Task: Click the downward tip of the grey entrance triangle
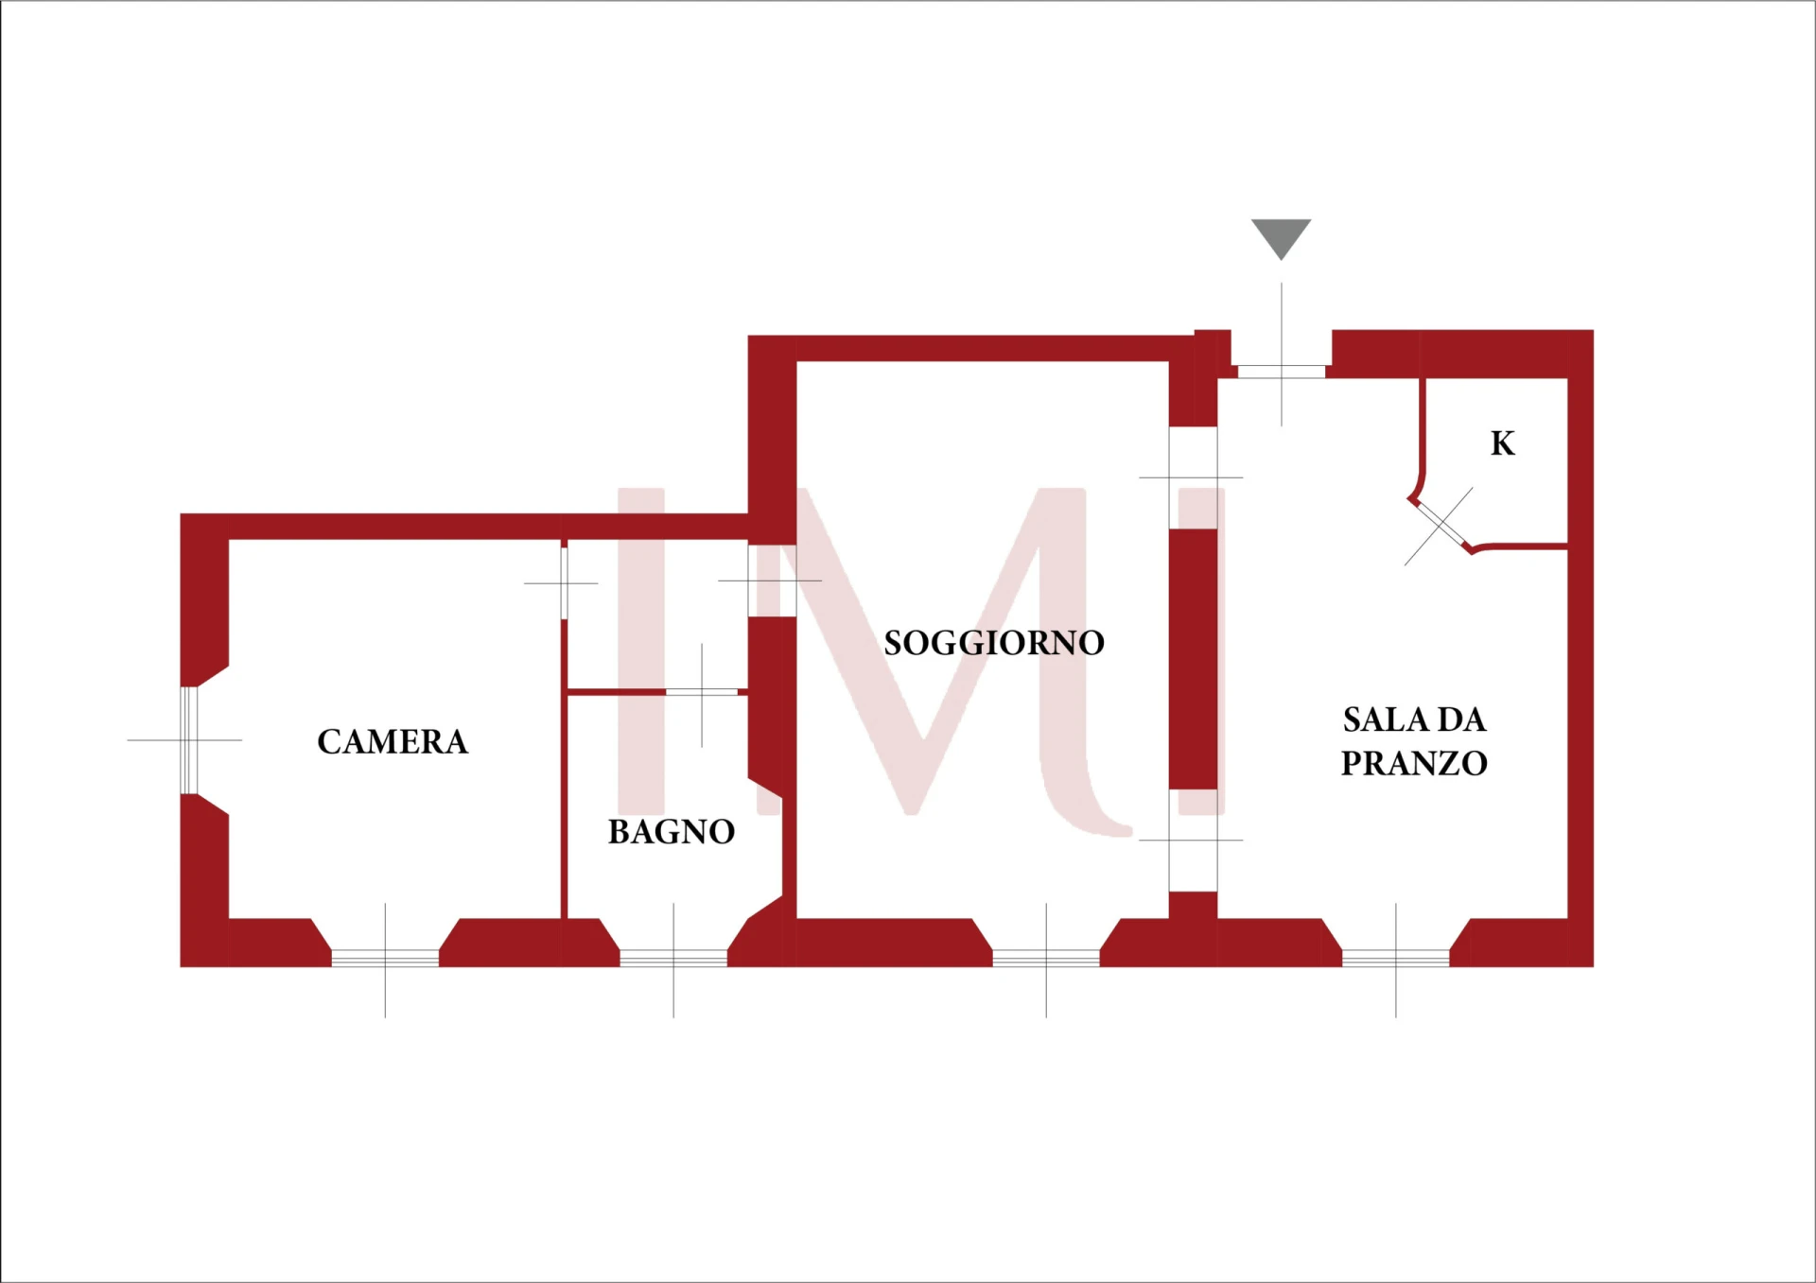1282,260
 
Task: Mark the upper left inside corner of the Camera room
229,540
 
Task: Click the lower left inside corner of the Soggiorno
797,918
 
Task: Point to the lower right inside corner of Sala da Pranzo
1568,918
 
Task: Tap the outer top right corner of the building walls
1594,330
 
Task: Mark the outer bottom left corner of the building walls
181,966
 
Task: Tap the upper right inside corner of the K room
1568,379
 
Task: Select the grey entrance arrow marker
1282,239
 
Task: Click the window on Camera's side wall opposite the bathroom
189,740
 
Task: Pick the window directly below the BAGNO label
673,959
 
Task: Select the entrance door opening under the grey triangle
1282,372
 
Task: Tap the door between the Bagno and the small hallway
702,693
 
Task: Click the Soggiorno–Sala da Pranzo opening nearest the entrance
1193,477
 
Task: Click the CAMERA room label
393,742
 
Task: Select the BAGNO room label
672,832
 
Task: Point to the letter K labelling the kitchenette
1503,443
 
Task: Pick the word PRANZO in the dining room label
1415,764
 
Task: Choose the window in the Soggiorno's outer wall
1046,959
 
